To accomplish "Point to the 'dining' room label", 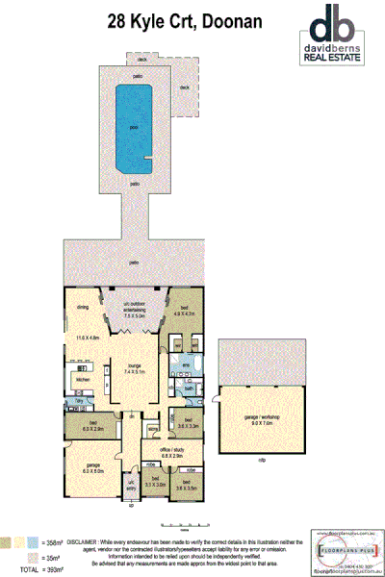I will (83, 308).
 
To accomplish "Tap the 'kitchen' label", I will (82, 378).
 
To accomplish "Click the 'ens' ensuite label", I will (185, 364).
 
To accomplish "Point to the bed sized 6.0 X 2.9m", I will (92, 424).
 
